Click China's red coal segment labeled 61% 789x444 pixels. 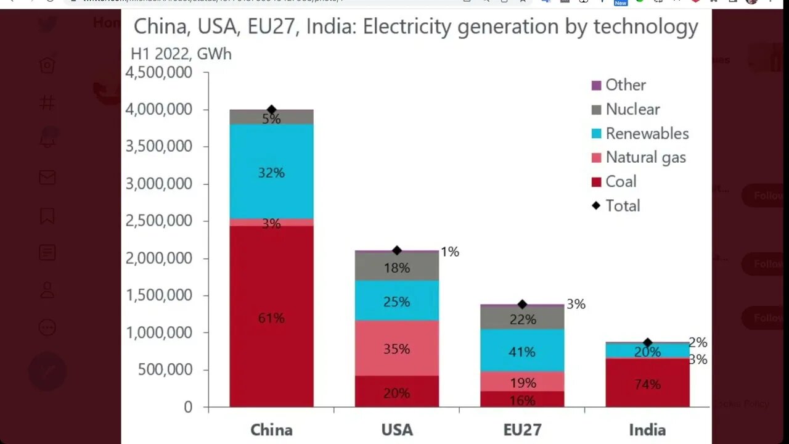[271, 318]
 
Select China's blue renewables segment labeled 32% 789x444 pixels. [271, 172]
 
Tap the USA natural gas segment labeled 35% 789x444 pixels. [396, 348]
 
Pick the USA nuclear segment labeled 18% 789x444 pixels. [396, 267]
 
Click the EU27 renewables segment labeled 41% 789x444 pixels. [522, 351]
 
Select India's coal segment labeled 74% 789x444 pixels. [647, 384]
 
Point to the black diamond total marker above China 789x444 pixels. [271, 110]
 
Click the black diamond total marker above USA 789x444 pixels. [397, 250]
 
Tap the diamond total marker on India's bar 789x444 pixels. [647, 343]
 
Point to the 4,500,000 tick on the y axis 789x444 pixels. [159, 72]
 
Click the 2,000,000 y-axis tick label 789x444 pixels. [159, 258]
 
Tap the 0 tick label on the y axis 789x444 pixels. [188, 407]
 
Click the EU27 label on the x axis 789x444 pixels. [522, 430]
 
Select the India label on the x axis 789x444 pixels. [647, 430]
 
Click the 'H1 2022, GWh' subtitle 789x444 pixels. [181, 54]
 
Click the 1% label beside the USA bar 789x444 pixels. [449, 252]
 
